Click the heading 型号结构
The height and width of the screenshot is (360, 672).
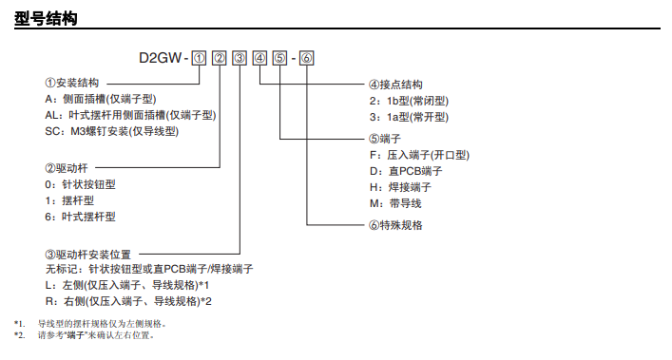[46, 18]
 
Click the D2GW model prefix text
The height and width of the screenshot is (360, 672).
[161, 58]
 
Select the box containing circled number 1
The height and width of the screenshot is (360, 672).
[199, 58]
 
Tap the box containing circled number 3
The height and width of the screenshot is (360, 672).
[240, 58]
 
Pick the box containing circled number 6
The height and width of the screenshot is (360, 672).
[306, 58]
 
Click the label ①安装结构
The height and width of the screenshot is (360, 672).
[72, 83]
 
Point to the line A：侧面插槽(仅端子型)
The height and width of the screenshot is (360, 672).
[101, 99]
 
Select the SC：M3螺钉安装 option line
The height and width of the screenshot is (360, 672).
[112, 131]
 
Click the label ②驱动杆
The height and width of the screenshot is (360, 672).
[67, 168]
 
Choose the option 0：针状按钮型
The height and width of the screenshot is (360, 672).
[80, 184]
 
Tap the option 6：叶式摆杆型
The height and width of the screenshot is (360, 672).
[80, 217]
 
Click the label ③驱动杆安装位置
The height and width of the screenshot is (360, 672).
[87, 255]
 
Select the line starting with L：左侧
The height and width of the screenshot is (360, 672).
[127, 285]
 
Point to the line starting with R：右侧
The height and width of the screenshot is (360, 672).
[128, 301]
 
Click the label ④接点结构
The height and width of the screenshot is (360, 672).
[395, 85]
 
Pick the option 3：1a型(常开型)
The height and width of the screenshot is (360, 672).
[410, 117]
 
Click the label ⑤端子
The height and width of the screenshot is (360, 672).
[385, 139]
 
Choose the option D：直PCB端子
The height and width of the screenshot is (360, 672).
[406, 171]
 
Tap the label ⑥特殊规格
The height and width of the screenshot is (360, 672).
[395, 225]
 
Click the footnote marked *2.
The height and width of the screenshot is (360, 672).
[84, 335]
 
